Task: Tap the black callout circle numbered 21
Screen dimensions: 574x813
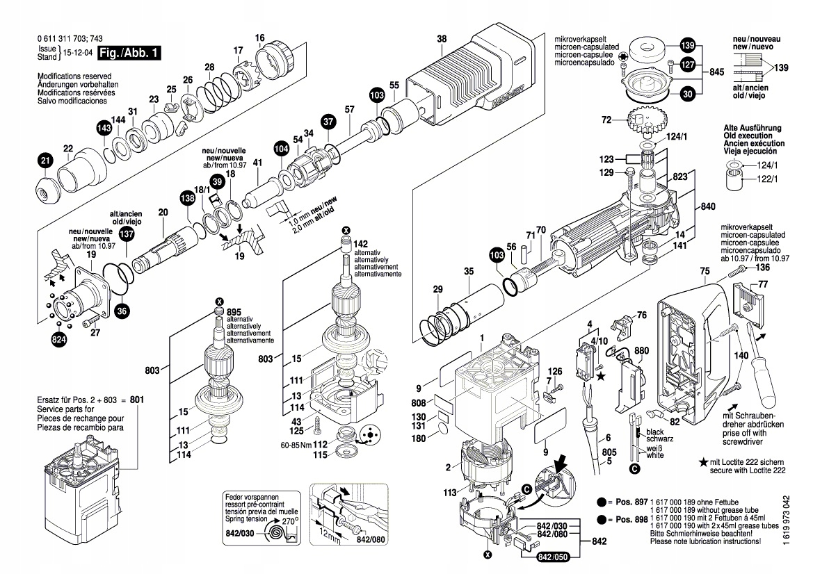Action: click(45, 161)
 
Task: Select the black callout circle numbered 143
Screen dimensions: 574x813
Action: click(104, 129)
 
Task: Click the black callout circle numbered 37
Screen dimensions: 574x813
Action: click(328, 122)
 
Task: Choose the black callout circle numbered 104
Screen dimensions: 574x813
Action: click(281, 148)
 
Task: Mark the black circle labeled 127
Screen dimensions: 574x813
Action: click(687, 65)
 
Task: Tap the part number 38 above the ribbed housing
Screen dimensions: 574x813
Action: click(442, 39)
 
